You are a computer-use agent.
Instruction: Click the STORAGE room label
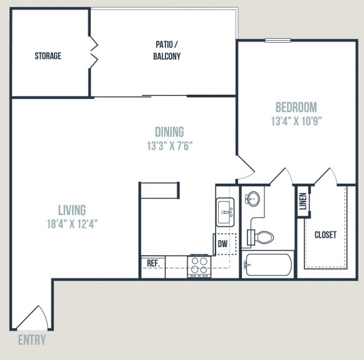(48, 56)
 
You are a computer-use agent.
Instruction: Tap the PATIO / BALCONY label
(167, 50)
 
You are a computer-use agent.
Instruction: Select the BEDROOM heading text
(296, 107)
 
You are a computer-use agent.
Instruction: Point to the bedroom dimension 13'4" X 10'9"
(296, 121)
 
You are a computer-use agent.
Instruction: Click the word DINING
(169, 132)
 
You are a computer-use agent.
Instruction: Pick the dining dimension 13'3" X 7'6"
(170, 146)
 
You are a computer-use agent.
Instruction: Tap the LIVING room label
(72, 210)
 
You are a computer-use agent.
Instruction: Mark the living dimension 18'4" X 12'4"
(72, 224)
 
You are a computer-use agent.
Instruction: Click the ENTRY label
(32, 340)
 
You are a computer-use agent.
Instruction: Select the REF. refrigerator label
(153, 263)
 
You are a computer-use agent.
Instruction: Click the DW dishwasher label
(222, 244)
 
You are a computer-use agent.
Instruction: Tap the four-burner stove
(199, 267)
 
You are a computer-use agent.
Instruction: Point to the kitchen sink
(225, 212)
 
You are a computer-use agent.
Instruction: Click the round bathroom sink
(252, 198)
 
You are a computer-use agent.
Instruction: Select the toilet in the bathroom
(260, 237)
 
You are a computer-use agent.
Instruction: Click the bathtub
(268, 265)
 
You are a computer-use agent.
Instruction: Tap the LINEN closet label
(303, 201)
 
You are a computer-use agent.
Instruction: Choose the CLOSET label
(325, 235)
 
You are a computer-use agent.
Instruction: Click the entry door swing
(33, 317)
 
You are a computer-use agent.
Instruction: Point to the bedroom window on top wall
(278, 40)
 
